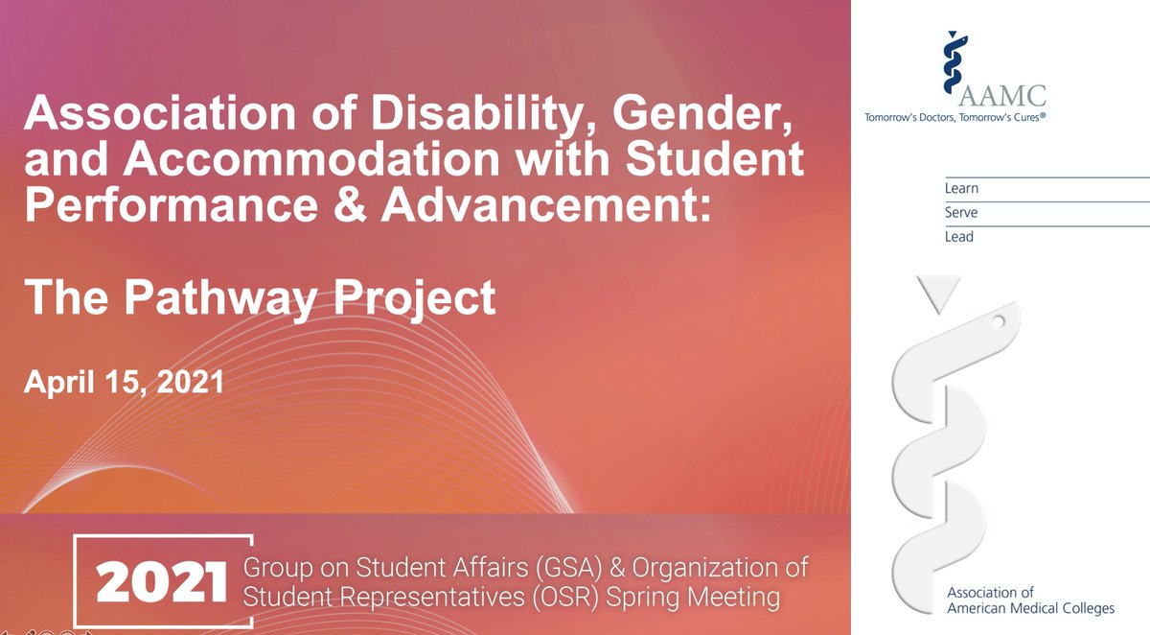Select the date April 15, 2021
(x=124, y=383)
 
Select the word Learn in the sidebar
(x=961, y=189)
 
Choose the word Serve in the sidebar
(x=961, y=213)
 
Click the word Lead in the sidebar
(x=959, y=237)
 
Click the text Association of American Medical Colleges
(x=1017, y=601)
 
